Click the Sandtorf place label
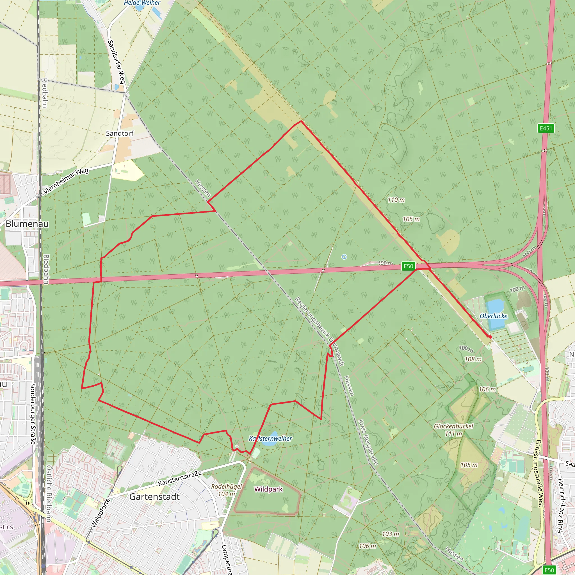tap(120, 133)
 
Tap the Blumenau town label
tap(27, 224)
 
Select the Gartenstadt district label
tap(154, 497)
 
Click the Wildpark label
tap(268, 489)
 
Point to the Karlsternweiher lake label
tap(270, 438)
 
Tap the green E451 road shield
tap(546, 128)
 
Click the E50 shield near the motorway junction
tap(408, 266)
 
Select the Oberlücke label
tap(494, 316)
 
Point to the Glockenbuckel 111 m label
tap(453, 430)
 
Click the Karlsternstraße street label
tap(180, 478)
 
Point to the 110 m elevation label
tap(396, 200)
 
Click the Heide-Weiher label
tap(142, 3)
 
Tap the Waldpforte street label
tap(100, 513)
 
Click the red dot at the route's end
tap(490, 337)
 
